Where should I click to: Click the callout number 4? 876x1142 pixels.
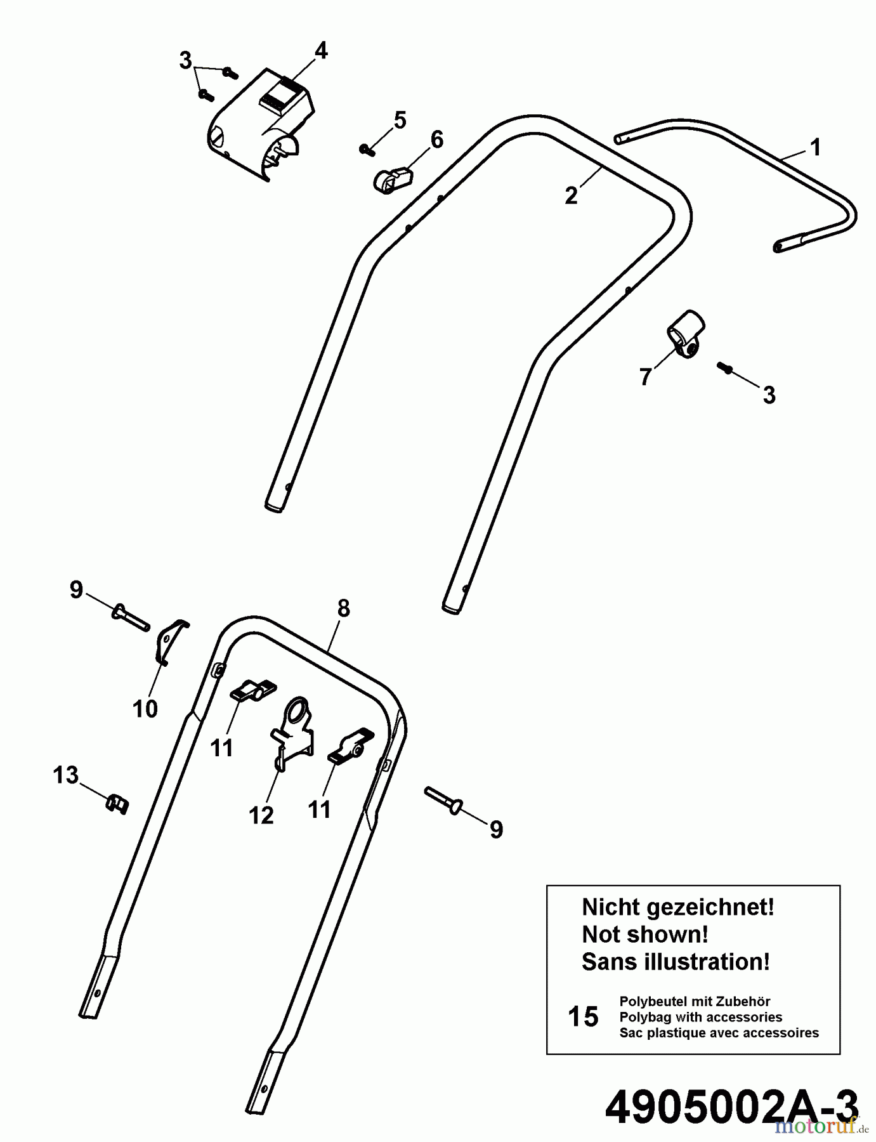point(321,51)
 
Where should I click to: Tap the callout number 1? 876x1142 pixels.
point(816,147)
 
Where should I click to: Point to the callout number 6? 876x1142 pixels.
point(437,140)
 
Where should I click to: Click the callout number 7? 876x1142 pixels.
point(645,377)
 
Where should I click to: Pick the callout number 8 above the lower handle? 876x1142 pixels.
point(343,608)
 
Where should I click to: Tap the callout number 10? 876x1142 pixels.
point(145,709)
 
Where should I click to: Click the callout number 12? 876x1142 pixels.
point(261,815)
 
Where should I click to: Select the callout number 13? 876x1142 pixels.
point(65,775)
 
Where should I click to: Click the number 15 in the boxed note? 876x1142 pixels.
point(583,1016)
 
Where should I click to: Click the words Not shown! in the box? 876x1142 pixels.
point(644,934)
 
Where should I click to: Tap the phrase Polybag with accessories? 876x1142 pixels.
point(700,1017)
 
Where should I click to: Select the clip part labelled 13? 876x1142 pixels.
point(116,804)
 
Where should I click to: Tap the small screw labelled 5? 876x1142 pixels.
point(365,149)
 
